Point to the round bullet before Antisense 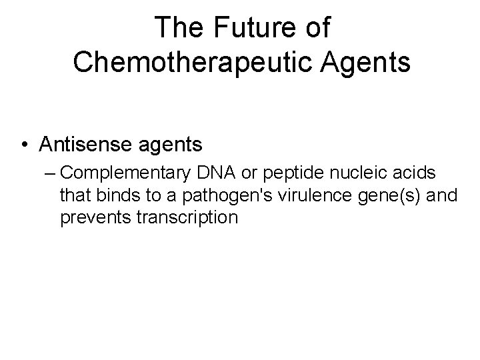pyautogui.click(x=25, y=143)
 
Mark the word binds pyautogui.click(x=109, y=195)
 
